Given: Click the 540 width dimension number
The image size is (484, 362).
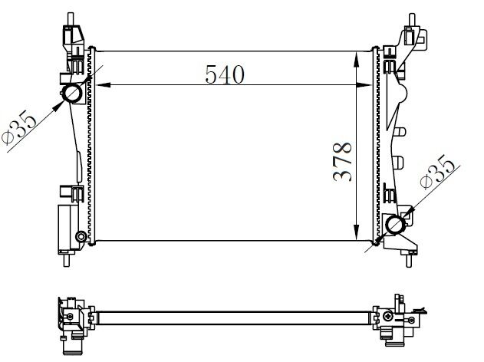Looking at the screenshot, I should point(224,74).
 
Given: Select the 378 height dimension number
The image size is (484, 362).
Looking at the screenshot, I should point(342,161).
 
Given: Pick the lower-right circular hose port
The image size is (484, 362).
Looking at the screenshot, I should point(396,225).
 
